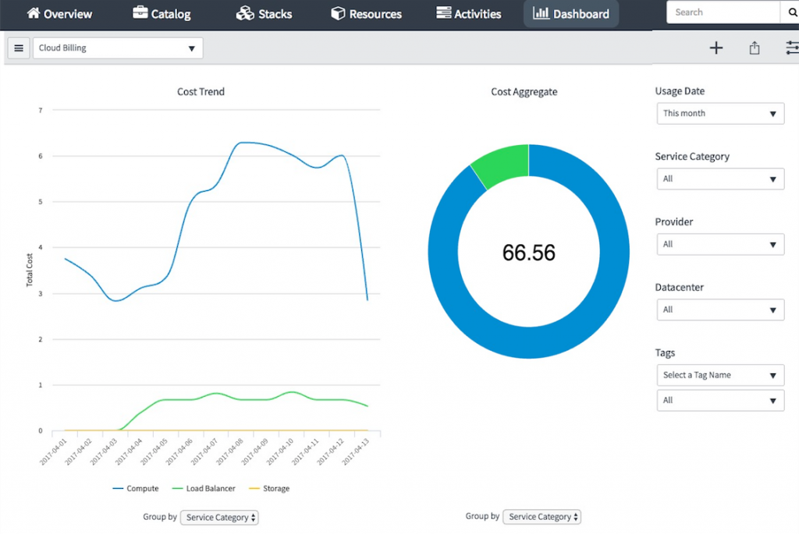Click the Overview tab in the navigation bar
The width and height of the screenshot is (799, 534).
coord(59,14)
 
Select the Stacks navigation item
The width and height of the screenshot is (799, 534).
coord(264,14)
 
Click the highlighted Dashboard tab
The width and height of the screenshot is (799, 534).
coord(571,14)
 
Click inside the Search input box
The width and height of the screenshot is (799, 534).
coord(723,12)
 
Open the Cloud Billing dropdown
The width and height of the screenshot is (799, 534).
coord(117,48)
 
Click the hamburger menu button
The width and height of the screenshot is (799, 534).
coord(19,48)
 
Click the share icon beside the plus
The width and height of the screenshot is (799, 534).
coord(755,48)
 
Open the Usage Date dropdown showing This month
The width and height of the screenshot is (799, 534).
coord(719,114)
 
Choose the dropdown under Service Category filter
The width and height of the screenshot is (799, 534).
coord(719,179)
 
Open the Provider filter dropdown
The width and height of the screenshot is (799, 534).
coord(719,245)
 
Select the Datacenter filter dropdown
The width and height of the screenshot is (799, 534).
coord(719,310)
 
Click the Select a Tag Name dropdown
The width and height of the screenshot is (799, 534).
coord(719,376)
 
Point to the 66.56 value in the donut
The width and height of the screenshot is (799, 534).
coord(529,253)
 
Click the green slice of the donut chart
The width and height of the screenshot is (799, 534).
coord(502,164)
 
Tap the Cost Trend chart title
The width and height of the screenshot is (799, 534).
coord(201,92)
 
